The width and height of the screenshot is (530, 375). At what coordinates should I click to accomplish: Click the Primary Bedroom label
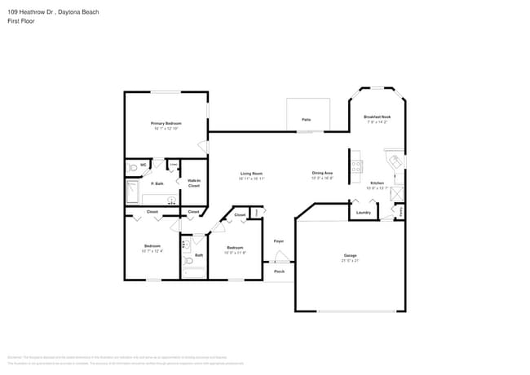166,123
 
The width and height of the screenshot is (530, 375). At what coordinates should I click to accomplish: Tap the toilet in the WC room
133,168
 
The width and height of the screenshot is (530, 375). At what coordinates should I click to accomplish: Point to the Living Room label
251,173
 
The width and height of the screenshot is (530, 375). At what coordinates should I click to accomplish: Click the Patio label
307,120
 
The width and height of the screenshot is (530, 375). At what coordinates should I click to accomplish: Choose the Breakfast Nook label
377,117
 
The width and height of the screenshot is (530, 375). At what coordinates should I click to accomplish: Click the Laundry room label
364,213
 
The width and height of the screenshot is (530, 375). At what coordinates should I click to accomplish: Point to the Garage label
350,256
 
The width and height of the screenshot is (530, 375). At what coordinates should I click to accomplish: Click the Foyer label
279,241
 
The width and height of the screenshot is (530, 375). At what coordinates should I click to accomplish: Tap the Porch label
279,271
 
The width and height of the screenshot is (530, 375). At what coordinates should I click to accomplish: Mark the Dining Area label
322,173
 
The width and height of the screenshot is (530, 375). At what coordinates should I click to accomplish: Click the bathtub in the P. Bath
133,192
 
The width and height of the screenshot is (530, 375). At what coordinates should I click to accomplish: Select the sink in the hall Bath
185,243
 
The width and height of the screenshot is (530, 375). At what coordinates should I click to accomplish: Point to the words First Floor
21,21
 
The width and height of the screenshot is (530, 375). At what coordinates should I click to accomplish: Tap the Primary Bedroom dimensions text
166,129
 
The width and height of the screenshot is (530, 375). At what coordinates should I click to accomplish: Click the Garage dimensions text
350,262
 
